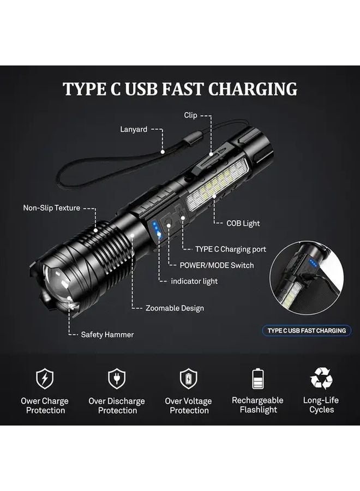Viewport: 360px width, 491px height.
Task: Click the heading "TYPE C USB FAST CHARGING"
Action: (180, 89)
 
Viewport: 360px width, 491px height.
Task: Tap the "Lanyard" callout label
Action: (134, 129)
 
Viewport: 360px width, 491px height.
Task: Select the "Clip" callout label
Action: (190, 116)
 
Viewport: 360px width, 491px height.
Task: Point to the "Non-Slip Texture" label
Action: (51, 208)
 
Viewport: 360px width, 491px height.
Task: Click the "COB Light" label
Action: (243, 223)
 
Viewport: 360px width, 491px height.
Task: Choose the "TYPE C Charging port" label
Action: (231, 249)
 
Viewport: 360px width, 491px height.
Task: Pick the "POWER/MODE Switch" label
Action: (217, 265)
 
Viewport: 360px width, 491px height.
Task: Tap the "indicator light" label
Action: (194, 281)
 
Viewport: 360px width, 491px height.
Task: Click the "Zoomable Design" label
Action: (175, 308)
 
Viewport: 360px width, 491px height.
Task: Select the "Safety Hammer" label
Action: (107, 334)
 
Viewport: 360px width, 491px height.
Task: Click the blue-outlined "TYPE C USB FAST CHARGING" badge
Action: (307, 331)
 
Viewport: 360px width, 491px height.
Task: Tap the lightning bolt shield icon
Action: (45, 378)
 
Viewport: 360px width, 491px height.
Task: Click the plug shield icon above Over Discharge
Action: (117, 378)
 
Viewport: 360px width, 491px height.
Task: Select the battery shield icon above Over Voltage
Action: (188, 378)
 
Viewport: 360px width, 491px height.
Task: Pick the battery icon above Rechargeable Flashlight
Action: (258, 378)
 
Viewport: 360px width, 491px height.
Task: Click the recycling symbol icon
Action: (321, 378)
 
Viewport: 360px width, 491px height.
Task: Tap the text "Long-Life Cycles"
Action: (321, 405)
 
